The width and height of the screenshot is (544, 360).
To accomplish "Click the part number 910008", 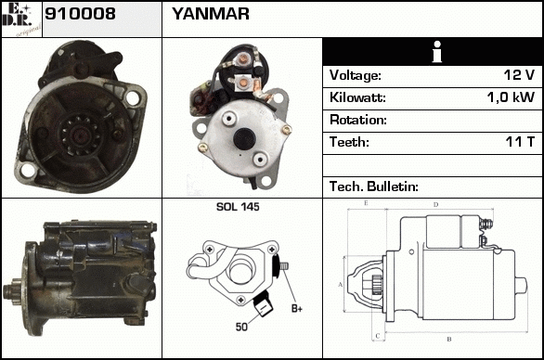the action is pos(80,14).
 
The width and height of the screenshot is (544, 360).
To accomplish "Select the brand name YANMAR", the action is pos(211,14).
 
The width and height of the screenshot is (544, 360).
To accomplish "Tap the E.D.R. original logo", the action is pos(21,19).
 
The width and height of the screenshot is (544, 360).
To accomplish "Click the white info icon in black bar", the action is pos(437,52).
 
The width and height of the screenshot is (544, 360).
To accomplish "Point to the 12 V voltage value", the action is pos(519,75).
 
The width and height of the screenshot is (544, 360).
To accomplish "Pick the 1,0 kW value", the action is pos(511,97).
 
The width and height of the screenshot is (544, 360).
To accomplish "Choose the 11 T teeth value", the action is pos(520,142).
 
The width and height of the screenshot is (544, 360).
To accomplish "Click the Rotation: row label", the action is pos(358,120).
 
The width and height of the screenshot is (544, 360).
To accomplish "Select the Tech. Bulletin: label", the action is pos(374,186).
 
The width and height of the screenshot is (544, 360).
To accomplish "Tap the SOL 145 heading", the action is pos(238,207).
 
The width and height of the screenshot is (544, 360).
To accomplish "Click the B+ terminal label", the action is pos(297,308).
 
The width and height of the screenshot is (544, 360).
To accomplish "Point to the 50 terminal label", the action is pos(241,327).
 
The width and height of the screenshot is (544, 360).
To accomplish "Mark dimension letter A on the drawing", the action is pos(340,285).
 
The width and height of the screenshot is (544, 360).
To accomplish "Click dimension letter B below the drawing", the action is pos(449,340).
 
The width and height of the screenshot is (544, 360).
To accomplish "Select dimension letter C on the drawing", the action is pos(378,336).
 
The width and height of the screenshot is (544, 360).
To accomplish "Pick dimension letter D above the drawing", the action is pos(435,205).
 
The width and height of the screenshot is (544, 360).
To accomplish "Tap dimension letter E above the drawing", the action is pos(366,203).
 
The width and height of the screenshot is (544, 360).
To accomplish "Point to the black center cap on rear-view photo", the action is pos(244,138).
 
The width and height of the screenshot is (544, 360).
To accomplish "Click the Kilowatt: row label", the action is pos(357,97).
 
